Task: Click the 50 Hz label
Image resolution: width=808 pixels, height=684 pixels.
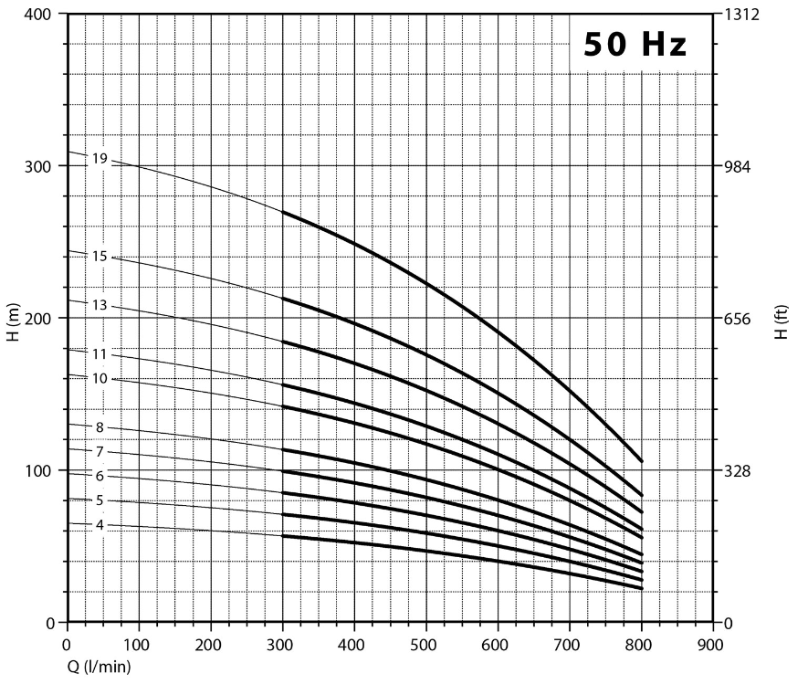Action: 635,44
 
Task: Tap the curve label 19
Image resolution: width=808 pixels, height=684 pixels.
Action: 100,158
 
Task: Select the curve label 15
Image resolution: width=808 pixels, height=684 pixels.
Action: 100,257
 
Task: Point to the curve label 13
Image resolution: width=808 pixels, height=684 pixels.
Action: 100,305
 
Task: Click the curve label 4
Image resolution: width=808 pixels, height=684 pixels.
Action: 100,525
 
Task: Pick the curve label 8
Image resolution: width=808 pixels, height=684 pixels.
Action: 100,427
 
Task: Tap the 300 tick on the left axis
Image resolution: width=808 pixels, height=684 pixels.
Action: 40,166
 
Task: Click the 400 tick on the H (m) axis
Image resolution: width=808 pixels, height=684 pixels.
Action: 40,15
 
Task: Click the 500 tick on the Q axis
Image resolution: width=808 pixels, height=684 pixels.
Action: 425,644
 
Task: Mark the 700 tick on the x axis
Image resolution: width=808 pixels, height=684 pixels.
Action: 569,644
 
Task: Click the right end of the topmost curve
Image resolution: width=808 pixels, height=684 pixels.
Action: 641,461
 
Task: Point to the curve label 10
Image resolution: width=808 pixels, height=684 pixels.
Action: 100,378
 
